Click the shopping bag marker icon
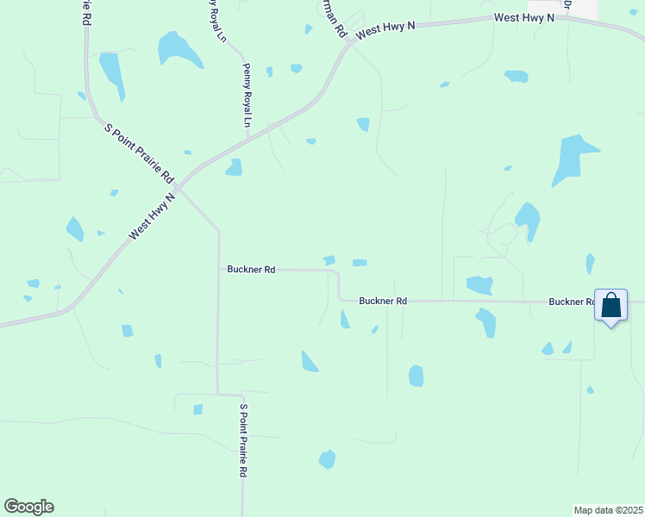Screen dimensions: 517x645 (x=611, y=307)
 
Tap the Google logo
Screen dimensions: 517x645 (x=28, y=507)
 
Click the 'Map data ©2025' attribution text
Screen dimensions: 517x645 (x=607, y=509)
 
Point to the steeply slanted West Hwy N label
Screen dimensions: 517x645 (x=152, y=216)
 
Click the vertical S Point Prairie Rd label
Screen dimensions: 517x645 (x=244, y=441)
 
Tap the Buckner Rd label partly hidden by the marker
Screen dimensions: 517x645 (x=572, y=302)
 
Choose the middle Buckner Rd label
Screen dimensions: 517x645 (x=383, y=301)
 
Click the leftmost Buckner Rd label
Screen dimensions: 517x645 (x=251, y=270)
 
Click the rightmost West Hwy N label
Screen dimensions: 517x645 (x=523, y=17)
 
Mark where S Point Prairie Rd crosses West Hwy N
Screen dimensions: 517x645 (x=176, y=186)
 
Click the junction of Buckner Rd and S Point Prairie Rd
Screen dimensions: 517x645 (x=218, y=270)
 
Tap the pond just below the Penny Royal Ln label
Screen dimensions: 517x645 (x=234, y=168)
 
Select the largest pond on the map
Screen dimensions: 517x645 (x=573, y=159)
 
